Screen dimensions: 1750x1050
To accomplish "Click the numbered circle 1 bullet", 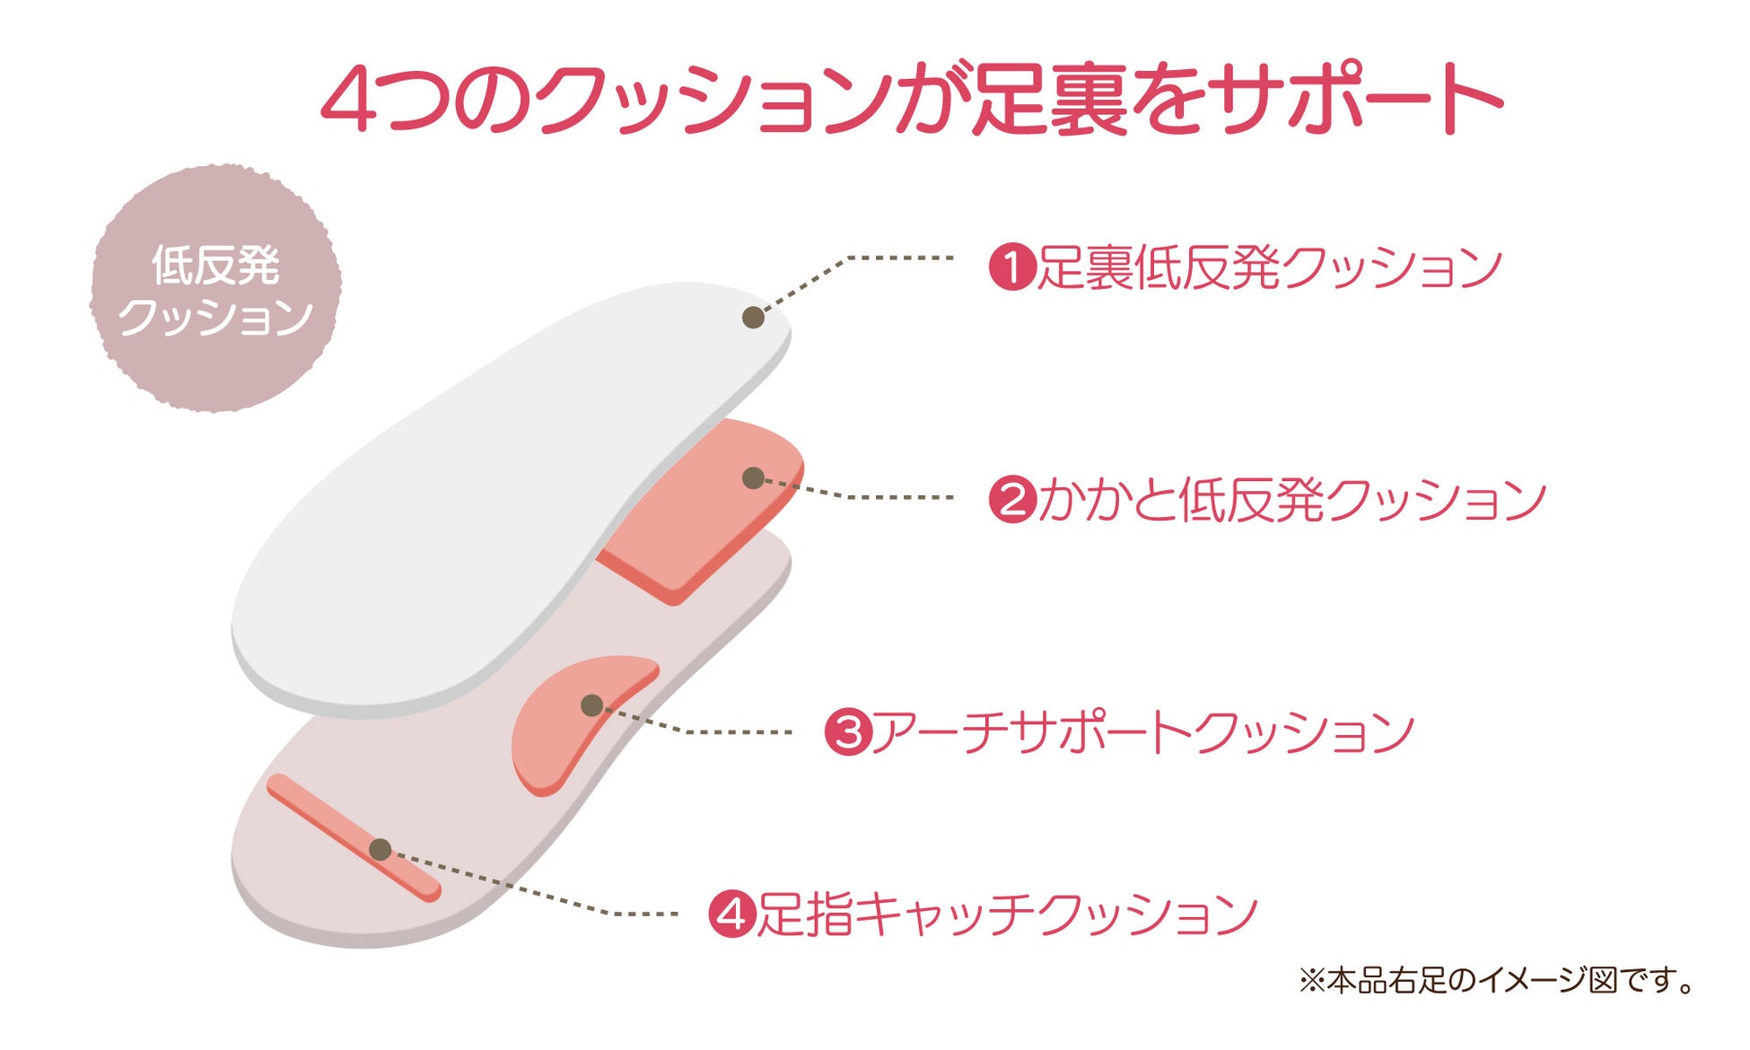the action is [1012, 267].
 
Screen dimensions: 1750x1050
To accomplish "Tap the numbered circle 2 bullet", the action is [1012, 499].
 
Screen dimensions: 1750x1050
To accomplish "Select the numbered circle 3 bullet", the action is [848, 731].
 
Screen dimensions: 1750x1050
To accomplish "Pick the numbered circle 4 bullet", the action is [732, 914].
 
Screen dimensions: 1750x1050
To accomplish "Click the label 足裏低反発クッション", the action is [1269, 267].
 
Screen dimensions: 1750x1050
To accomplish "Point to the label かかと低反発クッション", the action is [1292, 499].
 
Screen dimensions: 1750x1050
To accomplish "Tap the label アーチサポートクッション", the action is [1143, 731].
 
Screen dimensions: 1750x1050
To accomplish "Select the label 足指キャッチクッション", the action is [1007, 914].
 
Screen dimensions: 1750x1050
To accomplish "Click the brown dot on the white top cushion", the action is [754, 317].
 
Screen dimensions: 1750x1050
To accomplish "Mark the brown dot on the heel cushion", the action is [754, 478].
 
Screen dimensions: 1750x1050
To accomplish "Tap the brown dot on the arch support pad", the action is [591, 705].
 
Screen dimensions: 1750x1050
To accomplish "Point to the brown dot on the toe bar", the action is [381, 849].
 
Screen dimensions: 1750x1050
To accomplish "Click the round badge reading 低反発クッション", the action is [215, 289].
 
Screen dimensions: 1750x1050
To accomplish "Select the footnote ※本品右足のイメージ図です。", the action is [1497, 980].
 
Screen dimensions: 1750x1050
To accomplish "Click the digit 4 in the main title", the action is [347, 101].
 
